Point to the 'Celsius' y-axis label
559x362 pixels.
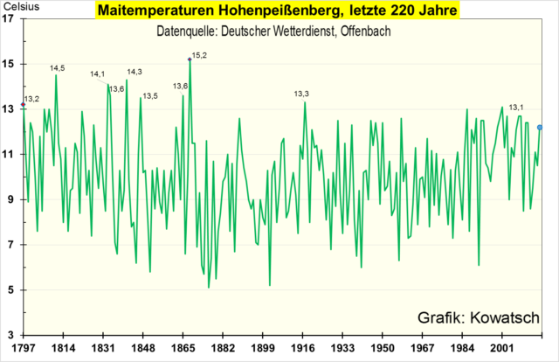(x=20, y=8)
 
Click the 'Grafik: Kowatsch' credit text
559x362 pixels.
(x=479, y=317)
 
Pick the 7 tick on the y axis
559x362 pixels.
(x=11, y=245)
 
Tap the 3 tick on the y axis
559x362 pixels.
(x=11, y=335)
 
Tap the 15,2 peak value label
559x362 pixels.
(x=199, y=55)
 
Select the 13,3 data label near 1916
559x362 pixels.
(x=301, y=94)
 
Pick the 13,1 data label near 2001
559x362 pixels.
(x=516, y=106)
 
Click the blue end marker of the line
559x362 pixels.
(x=540, y=128)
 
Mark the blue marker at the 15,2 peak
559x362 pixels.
(x=190, y=59)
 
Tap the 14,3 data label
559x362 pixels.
(x=135, y=72)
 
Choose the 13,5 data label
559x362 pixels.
(x=150, y=95)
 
